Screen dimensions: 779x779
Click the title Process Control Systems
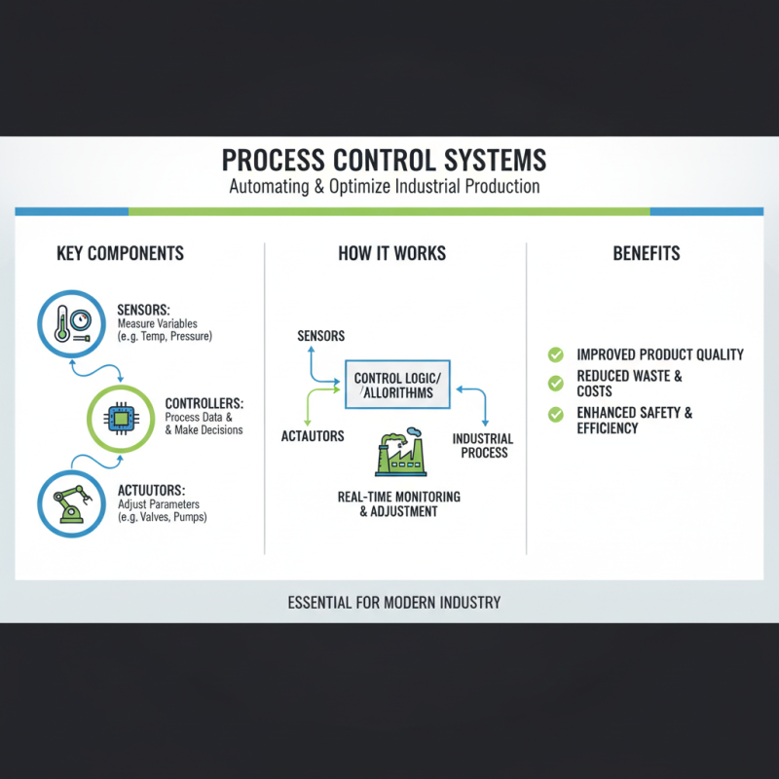(x=384, y=159)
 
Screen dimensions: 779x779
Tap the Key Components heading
(x=121, y=253)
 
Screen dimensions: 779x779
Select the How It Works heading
(x=391, y=253)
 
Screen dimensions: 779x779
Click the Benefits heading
(x=647, y=253)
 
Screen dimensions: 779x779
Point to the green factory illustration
(x=400, y=454)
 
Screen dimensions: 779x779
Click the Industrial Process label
(x=482, y=446)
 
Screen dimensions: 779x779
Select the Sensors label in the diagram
(x=321, y=336)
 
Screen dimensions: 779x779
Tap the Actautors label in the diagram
(x=313, y=435)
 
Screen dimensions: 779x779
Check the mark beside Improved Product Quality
(x=556, y=354)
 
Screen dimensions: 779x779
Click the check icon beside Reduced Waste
(x=556, y=383)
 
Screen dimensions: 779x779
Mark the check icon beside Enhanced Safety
(x=556, y=414)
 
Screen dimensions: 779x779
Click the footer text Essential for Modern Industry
(x=394, y=602)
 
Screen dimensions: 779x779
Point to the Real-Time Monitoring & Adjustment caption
(x=399, y=503)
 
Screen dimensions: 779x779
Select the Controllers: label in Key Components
(x=204, y=403)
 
